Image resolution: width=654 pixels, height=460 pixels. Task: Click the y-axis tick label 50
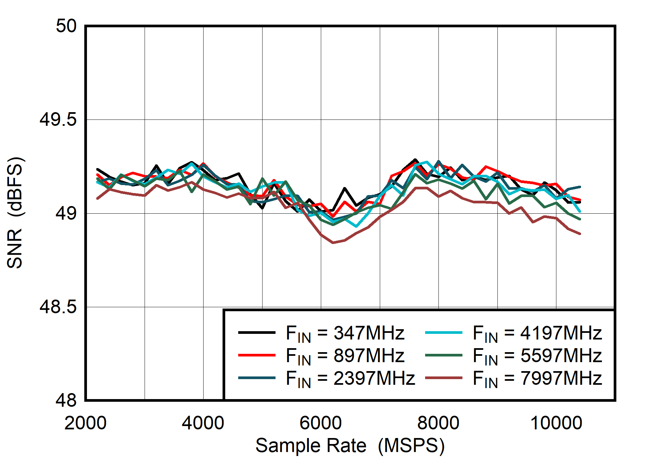point(66,26)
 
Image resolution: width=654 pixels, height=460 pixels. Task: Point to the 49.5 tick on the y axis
point(58,119)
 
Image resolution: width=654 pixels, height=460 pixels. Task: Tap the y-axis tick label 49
point(66,213)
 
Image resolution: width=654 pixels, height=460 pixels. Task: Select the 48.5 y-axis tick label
point(58,307)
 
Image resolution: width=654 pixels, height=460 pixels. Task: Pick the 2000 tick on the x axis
point(86,423)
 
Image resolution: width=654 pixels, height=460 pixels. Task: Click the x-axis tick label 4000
point(203,423)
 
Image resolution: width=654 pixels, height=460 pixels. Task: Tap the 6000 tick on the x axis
point(321,423)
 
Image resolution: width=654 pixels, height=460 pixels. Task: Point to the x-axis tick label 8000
point(438,423)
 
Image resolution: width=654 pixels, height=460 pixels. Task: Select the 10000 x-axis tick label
point(556,423)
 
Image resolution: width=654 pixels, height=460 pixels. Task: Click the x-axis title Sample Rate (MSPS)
point(350,445)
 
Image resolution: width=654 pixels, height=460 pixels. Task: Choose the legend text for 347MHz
point(345,333)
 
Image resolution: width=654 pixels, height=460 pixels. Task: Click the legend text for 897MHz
point(345,355)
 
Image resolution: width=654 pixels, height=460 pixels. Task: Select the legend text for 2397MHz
point(350,378)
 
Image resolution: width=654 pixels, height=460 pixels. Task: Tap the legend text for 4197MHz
point(537,333)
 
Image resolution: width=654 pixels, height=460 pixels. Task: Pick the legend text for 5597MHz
point(537,355)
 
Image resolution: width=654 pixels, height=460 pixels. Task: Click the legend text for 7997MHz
point(537,378)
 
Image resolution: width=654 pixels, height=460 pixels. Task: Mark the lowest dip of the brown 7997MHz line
point(333,243)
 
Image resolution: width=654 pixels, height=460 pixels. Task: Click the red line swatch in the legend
point(257,355)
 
